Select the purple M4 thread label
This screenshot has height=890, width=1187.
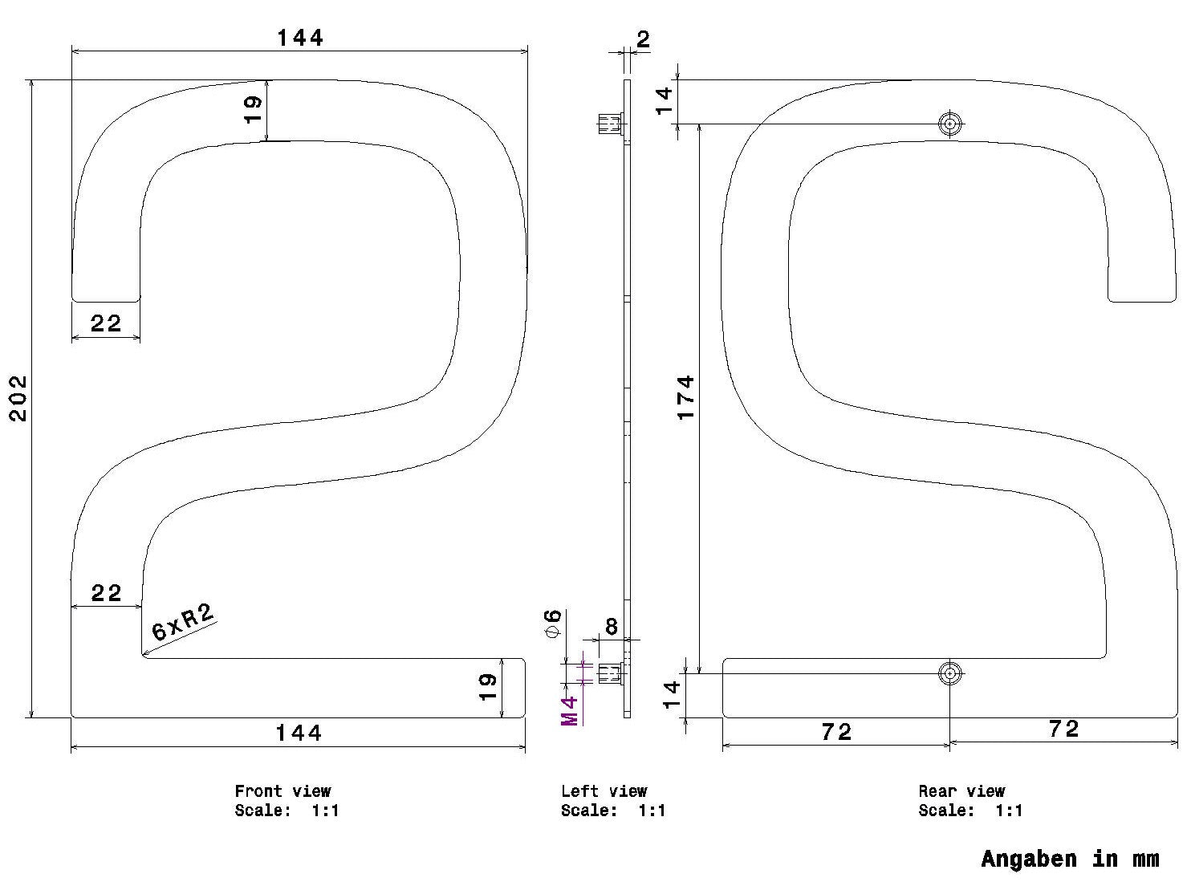tap(570, 711)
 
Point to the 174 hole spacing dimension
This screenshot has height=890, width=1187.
tap(685, 398)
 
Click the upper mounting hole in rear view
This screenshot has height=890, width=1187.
tap(949, 124)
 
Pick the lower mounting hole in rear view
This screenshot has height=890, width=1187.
tap(949, 673)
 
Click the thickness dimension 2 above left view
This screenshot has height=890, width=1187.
tap(643, 39)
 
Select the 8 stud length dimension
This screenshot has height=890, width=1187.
tap(612, 626)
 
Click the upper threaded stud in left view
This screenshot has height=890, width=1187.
tap(610, 124)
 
